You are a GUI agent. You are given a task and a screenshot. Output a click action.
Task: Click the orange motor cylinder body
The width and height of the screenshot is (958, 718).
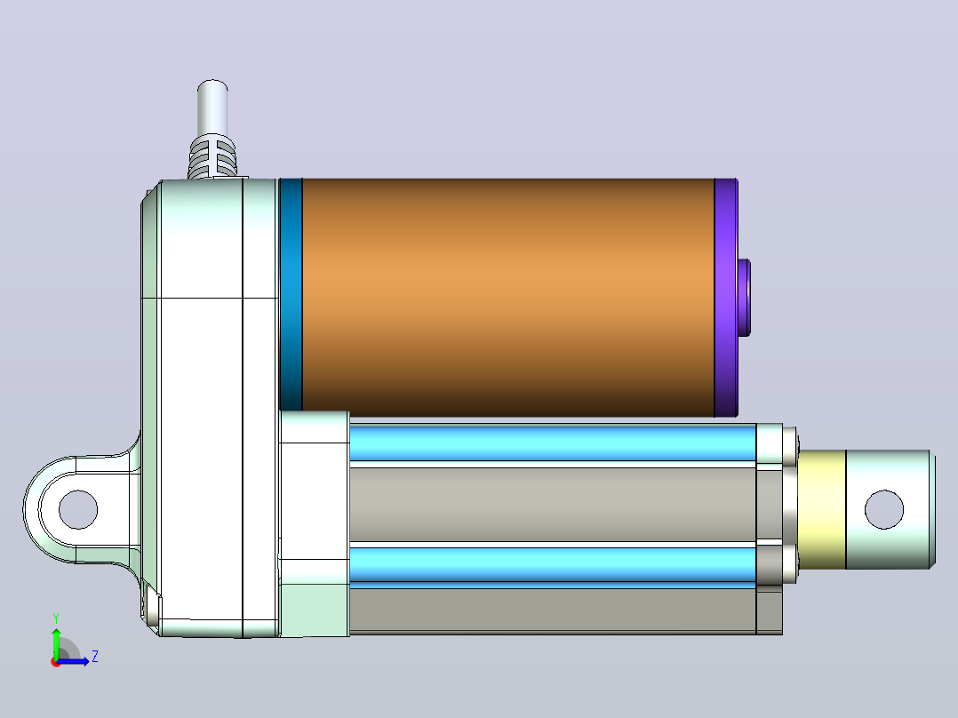(x=508, y=298)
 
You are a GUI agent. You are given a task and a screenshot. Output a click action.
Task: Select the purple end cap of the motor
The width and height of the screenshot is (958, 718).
(x=726, y=298)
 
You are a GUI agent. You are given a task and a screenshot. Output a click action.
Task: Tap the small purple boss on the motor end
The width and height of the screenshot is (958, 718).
(x=744, y=298)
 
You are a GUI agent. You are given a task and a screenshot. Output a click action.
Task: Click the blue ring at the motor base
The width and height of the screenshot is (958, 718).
(x=291, y=294)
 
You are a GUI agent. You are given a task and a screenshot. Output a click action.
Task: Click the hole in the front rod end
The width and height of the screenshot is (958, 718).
(x=884, y=510)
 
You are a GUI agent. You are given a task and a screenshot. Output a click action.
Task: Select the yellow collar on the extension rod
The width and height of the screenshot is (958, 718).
(x=821, y=510)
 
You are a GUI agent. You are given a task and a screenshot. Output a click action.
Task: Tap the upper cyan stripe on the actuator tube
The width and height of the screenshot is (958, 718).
(x=553, y=443)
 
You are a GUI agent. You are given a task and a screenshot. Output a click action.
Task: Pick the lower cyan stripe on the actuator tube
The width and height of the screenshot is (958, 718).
(x=553, y=564)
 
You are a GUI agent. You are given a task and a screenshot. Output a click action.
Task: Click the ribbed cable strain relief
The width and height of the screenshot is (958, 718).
(x=212, y=156)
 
